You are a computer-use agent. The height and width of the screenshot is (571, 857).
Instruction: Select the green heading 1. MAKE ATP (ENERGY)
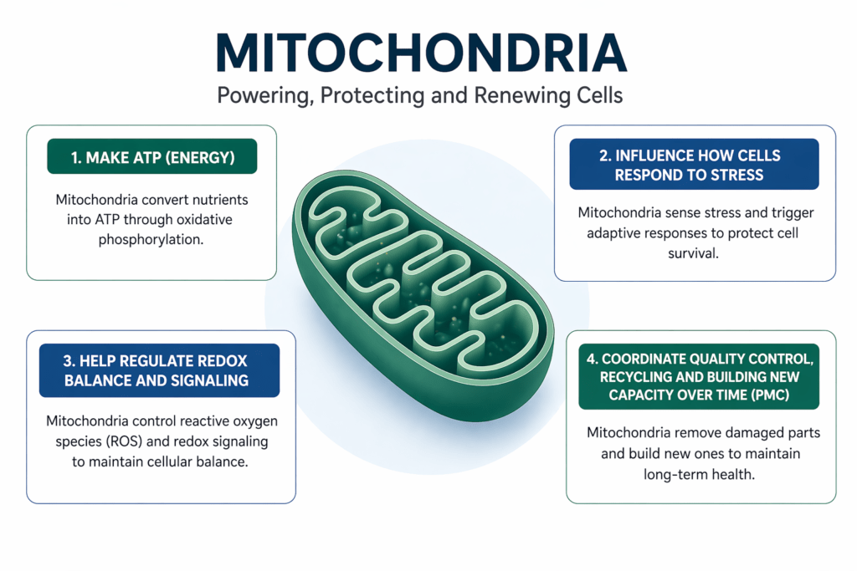tap(151, 156)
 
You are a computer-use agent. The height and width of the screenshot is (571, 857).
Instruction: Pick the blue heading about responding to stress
tap(694, 165)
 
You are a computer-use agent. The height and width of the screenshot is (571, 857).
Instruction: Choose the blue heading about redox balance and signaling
tap(159, 370)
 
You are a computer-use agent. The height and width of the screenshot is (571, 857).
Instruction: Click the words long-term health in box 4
tap(694, 473)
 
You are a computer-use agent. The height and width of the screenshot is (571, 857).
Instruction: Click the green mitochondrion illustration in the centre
tap(423, 288)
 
